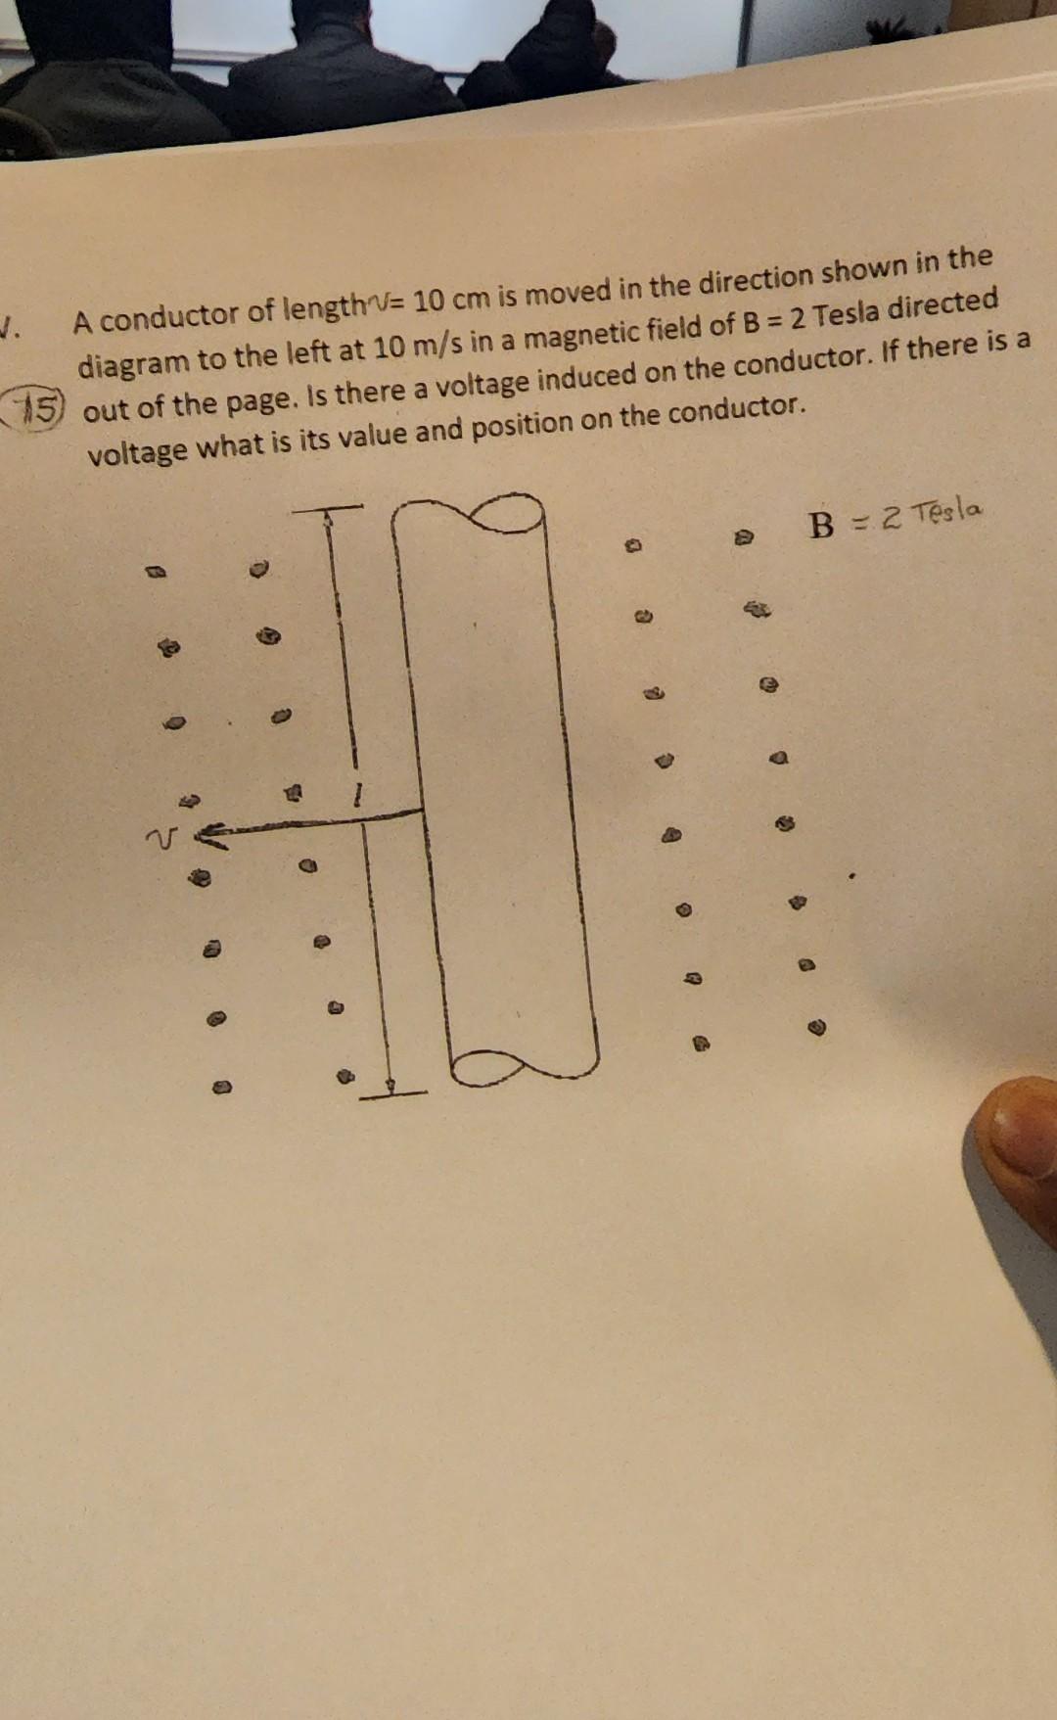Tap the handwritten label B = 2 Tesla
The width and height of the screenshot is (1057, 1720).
894,518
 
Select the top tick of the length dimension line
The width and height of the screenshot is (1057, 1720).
327,509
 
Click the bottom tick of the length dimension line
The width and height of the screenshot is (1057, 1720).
391,1092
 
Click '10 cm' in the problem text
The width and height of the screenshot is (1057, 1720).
451,298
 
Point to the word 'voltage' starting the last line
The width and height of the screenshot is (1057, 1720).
136,451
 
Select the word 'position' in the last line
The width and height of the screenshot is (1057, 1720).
522,424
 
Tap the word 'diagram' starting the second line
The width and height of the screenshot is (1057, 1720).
134,362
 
